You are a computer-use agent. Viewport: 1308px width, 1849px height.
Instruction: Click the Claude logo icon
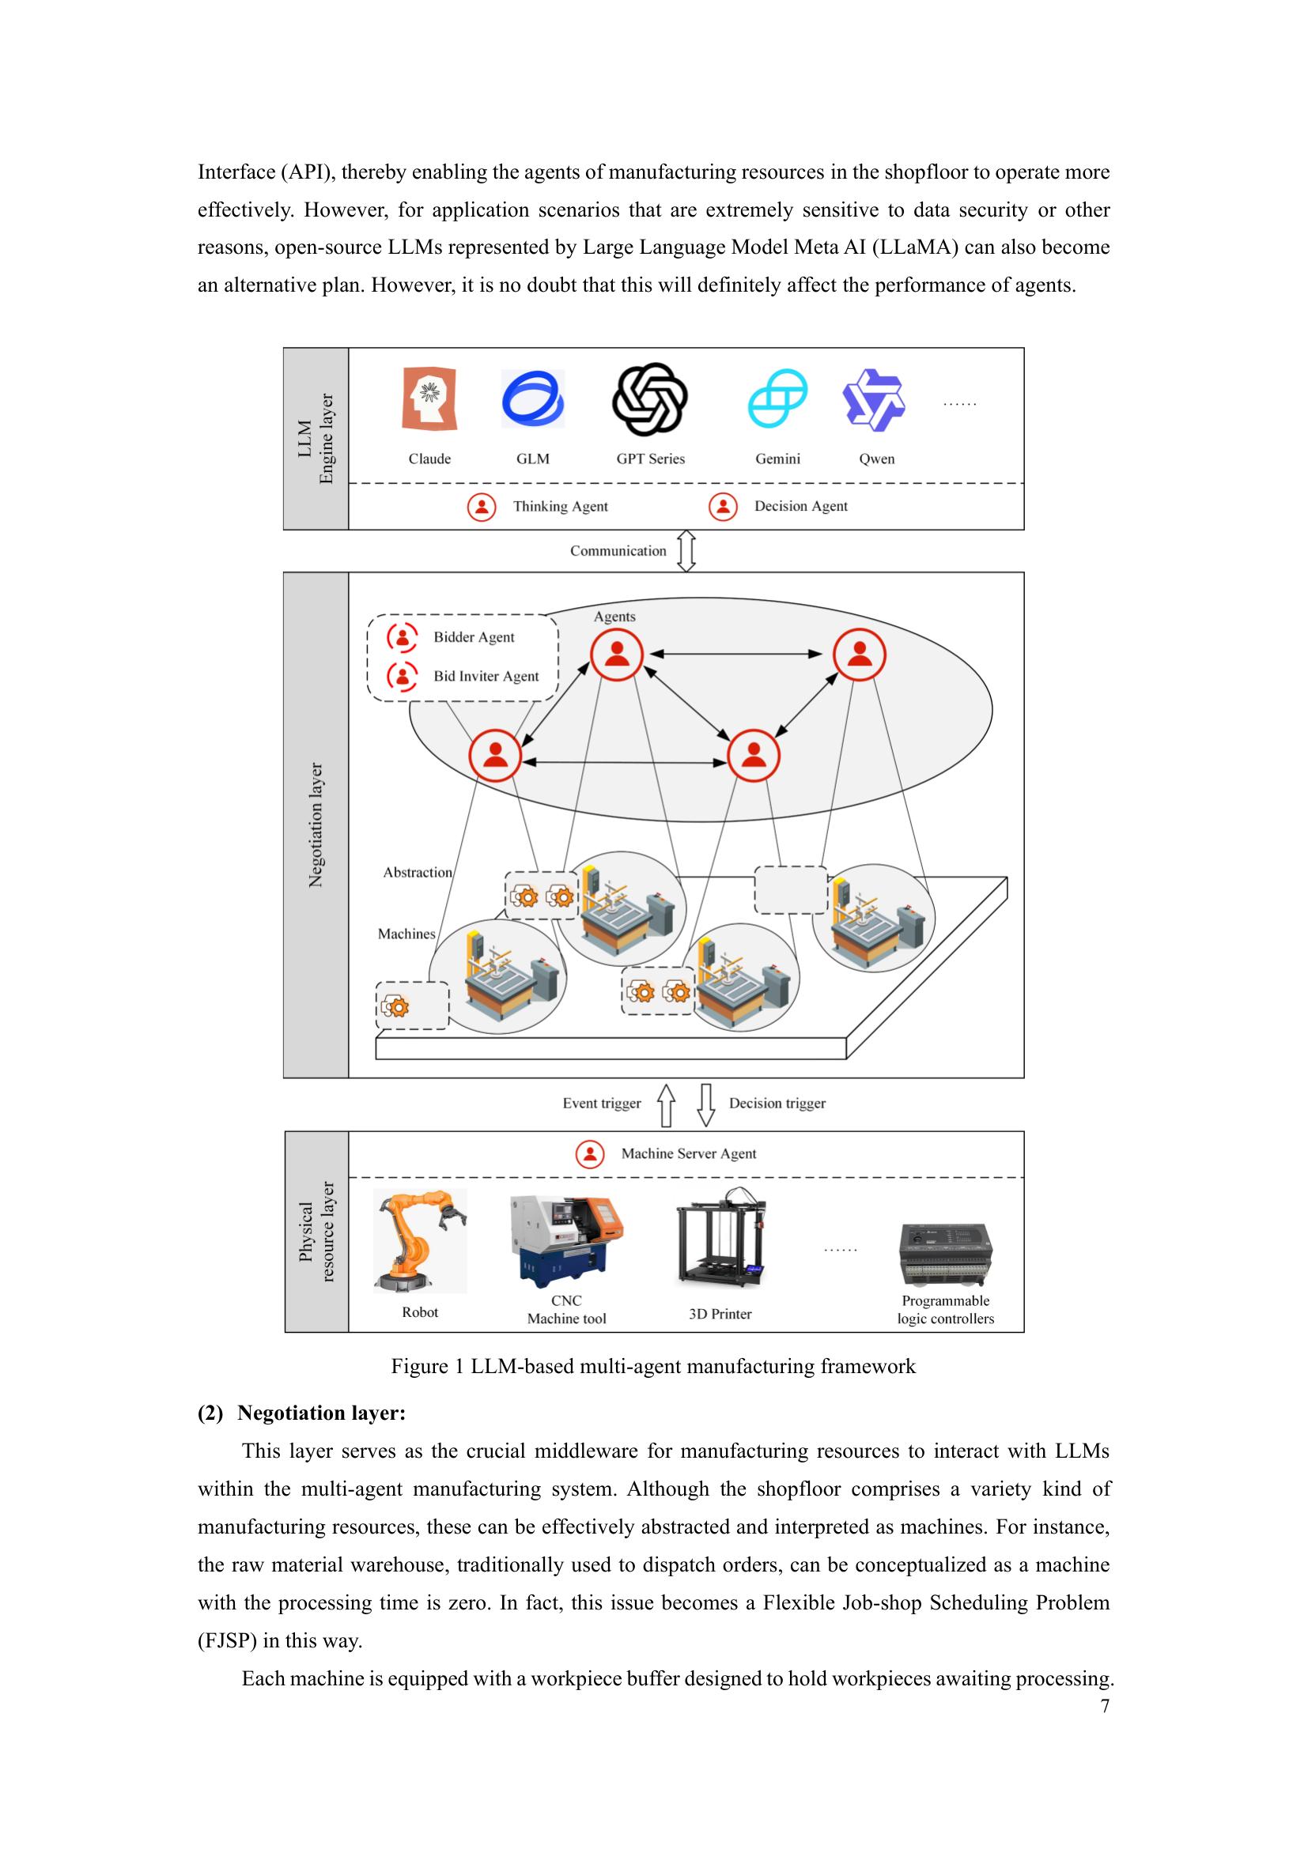point(429,399)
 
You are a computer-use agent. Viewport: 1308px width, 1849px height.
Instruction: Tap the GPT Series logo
point(649,399)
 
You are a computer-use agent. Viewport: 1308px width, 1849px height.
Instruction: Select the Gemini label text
point(777,459)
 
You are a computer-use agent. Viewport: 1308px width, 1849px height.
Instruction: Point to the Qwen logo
point(873,400)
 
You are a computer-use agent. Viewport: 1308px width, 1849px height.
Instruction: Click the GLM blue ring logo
point(532,399)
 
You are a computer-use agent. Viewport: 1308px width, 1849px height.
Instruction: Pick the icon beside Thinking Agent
point(482,507)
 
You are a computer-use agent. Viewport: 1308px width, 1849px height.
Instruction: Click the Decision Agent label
point(800,507)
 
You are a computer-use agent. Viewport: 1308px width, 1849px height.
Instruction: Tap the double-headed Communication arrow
point(686,551)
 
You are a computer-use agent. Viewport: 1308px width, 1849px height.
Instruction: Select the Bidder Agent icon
point(402,637)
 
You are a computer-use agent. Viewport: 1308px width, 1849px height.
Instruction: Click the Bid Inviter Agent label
point(486,677)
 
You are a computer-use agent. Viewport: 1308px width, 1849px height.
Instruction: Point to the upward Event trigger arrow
point(666,1104)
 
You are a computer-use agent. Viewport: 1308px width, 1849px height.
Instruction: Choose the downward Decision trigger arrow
point(706,1104)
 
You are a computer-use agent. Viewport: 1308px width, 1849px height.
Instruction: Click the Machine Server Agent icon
point(591,1154)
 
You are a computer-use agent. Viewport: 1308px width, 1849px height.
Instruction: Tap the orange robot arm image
point(420,1241)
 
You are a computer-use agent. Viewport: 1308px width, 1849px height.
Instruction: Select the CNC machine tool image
point(567,1241)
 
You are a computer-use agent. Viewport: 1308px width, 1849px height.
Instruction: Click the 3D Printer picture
point(720,1237)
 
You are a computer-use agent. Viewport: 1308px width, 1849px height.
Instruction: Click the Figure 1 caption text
point(653,1367)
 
